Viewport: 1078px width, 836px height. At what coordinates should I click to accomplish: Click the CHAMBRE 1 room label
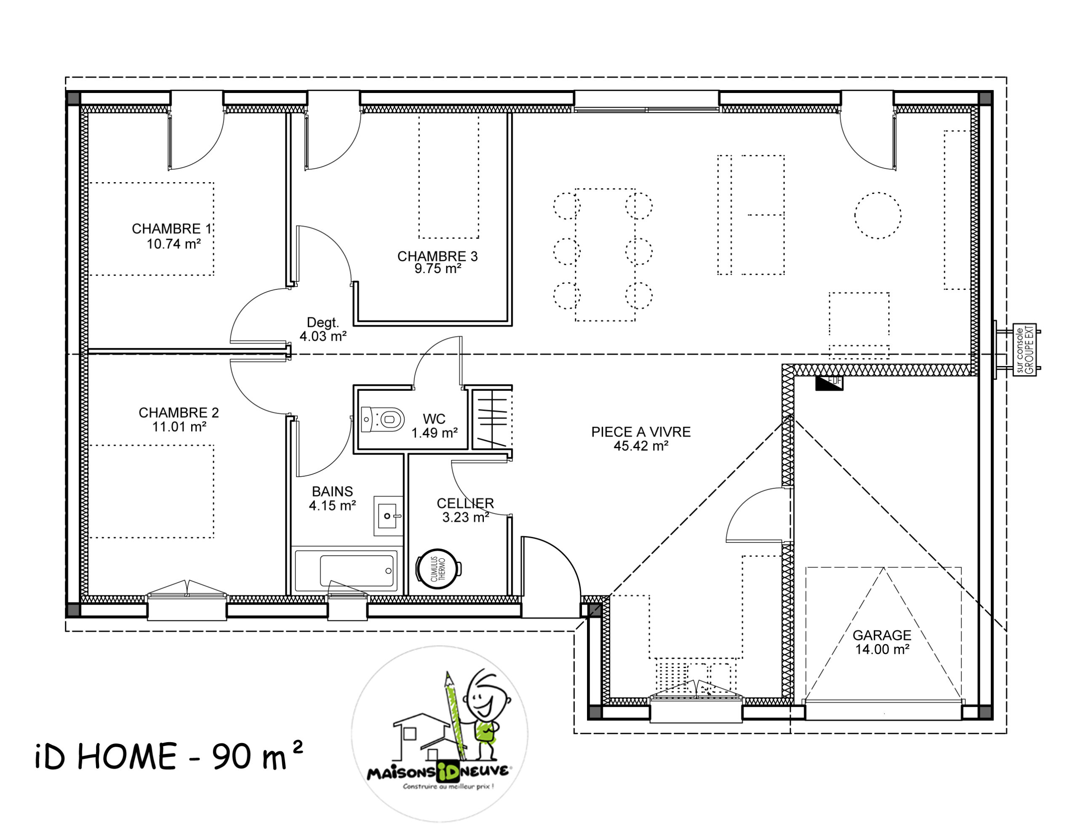point(171,229)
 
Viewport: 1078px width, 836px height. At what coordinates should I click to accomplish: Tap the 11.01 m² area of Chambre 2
point(179,427)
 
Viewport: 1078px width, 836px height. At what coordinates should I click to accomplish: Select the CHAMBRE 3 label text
point(438,256)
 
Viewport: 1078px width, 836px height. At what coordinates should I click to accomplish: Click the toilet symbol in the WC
point(384,419)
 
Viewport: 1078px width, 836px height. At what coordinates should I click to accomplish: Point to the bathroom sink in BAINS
point(388,516)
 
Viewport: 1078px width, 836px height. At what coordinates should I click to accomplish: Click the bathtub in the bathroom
point(358,570)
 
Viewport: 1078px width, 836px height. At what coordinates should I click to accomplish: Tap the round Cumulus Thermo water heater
point(438,569)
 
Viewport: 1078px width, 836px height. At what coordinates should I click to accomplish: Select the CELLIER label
point(465,503)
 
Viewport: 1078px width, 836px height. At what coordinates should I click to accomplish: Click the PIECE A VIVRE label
point(640,432)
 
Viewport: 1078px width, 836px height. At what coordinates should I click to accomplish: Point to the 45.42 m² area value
point(640,446)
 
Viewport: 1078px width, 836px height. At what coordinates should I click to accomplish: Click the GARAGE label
point(881,635)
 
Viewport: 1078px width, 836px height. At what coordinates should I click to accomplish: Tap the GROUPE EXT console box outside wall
point(1024,350)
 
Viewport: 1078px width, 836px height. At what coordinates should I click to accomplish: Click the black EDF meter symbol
point(829,383)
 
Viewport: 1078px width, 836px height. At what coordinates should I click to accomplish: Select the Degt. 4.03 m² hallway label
point(323,329)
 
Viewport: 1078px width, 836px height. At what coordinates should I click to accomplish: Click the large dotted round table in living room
point(878,215)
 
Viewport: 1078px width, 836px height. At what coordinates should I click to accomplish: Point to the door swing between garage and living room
point(758,515)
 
